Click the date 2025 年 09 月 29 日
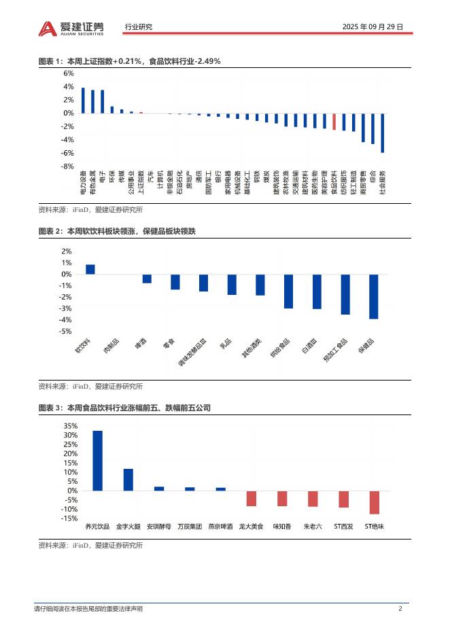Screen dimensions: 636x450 [373, 27]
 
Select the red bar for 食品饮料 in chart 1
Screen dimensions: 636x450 [334, 121]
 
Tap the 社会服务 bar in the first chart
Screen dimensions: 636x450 [383, 132]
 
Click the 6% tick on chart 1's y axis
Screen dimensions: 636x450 [69, 73]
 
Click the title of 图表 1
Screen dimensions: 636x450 [129, 61]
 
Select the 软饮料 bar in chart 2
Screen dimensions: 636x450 [90, 269]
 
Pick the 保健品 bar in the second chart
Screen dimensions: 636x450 [373, 297]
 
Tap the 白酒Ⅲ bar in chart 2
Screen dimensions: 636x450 [317, 291]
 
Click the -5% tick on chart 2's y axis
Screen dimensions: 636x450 [66, 331]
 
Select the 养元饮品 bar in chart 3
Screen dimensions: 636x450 [97, 460]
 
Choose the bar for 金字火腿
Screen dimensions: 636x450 [128, 480]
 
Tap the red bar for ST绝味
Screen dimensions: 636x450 [374, 502]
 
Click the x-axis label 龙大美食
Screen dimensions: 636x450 [251, 526]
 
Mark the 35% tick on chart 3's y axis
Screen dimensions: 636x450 [70, 426]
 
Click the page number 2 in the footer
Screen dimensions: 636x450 [400, 609]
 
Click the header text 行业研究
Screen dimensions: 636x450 [139, 27]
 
